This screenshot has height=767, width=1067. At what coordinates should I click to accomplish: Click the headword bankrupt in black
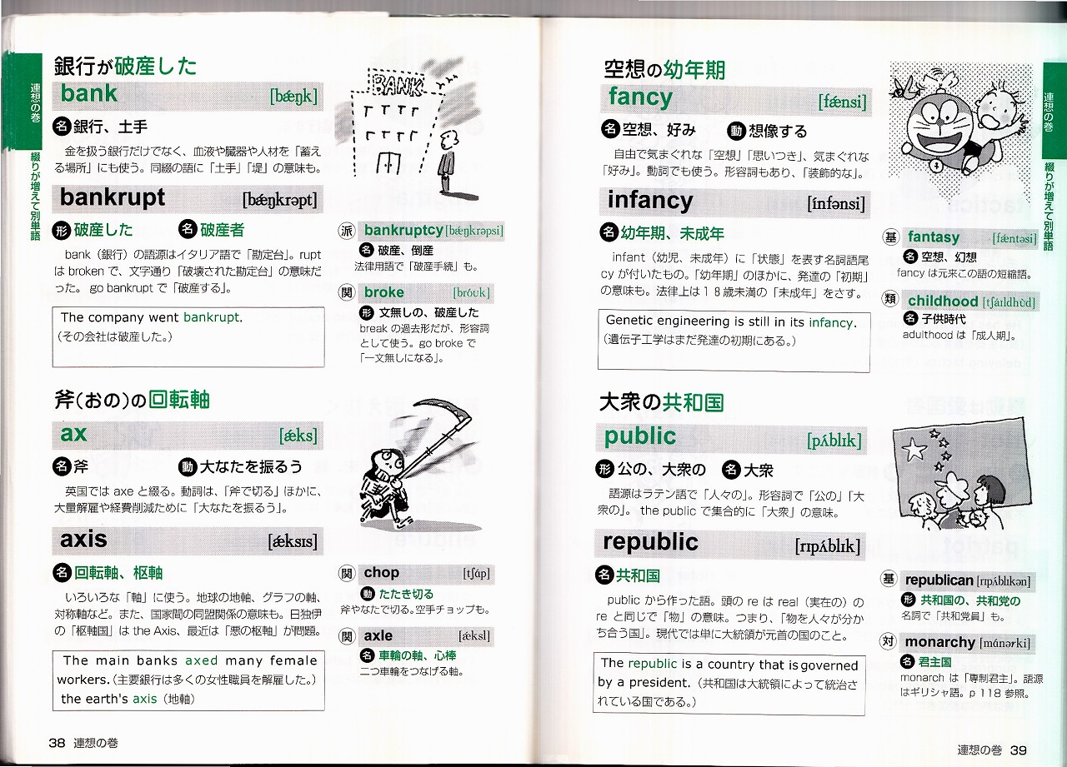pyautogui.click(x=113, y=197)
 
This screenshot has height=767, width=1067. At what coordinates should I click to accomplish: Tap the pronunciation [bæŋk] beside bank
pyautogui.click(x=293, y=97)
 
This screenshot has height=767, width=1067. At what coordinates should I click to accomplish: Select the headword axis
pyautogui.click(x=83, y=539)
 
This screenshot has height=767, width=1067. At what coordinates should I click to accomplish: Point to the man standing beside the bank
pyautogui.click(x=447, y=161)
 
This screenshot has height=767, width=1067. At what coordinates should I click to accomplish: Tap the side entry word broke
pyautogui.click(x=384, y=292)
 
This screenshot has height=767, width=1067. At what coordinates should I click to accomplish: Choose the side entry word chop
pyautogui.click(x=382, y=572)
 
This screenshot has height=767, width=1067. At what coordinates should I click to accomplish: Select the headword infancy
pyautogui.click(x=650, y=201)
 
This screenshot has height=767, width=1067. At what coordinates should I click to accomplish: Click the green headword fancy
pyautogui.click(x=641, y=97)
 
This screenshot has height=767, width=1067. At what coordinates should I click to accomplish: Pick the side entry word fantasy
pyautogui.click(x=934, y=237)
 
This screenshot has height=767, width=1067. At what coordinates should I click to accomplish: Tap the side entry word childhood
pyautogui.click(x=943, y=301)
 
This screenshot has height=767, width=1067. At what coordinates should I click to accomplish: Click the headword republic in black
pyautogui.click(x=650, y=542)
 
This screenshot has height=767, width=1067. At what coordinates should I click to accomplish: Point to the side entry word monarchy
pyautogui.click(x=939, y=642)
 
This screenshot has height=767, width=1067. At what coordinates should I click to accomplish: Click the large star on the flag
pyautogui.click(x=913, y=449)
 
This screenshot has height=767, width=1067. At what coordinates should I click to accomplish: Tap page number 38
pyautogui.click(x=57, y=743)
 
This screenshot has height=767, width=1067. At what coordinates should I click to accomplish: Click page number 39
pyautogui.click(x=1018, y=750)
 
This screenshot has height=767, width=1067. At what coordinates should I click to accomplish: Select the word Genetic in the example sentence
pyautogui.click(x=629, y=321)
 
